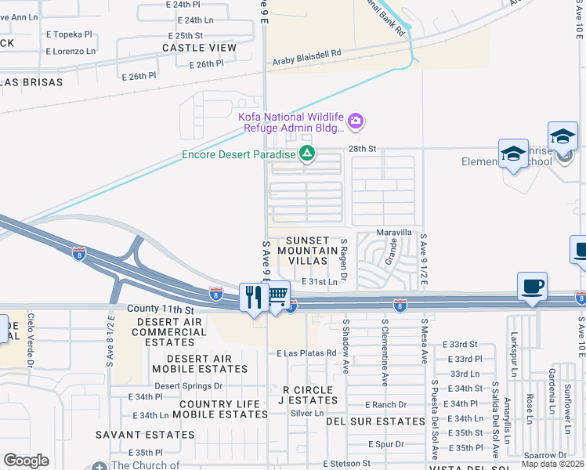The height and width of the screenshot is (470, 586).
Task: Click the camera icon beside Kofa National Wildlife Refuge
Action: coord(356,121)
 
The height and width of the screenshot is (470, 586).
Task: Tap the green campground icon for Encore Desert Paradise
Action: coord(308,154)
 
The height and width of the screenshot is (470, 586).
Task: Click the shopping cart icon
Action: coord(278,296)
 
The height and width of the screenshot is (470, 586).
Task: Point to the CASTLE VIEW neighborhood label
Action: coord(199,48)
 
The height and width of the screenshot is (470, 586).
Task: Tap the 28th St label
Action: coord(363,148)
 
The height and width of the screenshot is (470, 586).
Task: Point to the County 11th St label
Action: coord(156,311)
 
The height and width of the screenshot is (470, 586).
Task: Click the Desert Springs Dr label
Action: coord(188,385)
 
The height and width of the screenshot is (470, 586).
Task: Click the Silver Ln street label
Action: coord(306,413)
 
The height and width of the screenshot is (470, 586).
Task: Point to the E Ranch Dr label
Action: coord(386,404)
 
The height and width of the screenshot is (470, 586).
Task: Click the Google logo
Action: coord(26,460)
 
